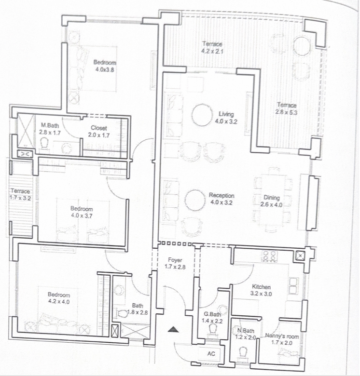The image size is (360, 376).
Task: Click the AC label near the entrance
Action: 211,354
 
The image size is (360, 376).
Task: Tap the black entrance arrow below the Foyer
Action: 173,330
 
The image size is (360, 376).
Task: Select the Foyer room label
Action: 175,260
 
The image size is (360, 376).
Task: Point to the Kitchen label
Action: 261,287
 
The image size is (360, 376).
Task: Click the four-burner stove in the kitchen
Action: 270,256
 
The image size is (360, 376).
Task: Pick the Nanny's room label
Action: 282,336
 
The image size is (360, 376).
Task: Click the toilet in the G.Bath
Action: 212,329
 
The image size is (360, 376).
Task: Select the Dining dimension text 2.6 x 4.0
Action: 271,205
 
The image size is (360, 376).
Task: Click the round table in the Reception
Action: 195,201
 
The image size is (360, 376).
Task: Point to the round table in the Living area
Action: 202,115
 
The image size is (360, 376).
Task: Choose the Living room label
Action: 226,114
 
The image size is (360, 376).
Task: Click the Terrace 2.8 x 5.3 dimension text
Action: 286,112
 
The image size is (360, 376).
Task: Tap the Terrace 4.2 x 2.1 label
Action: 212,47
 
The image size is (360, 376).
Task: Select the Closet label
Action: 99,128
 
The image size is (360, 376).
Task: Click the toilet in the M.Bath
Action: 45,143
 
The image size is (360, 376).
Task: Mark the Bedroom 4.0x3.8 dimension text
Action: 105,70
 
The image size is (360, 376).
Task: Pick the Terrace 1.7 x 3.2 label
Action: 20,194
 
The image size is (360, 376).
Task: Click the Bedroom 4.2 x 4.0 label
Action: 59,298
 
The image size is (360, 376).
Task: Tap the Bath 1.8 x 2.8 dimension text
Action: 137,312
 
